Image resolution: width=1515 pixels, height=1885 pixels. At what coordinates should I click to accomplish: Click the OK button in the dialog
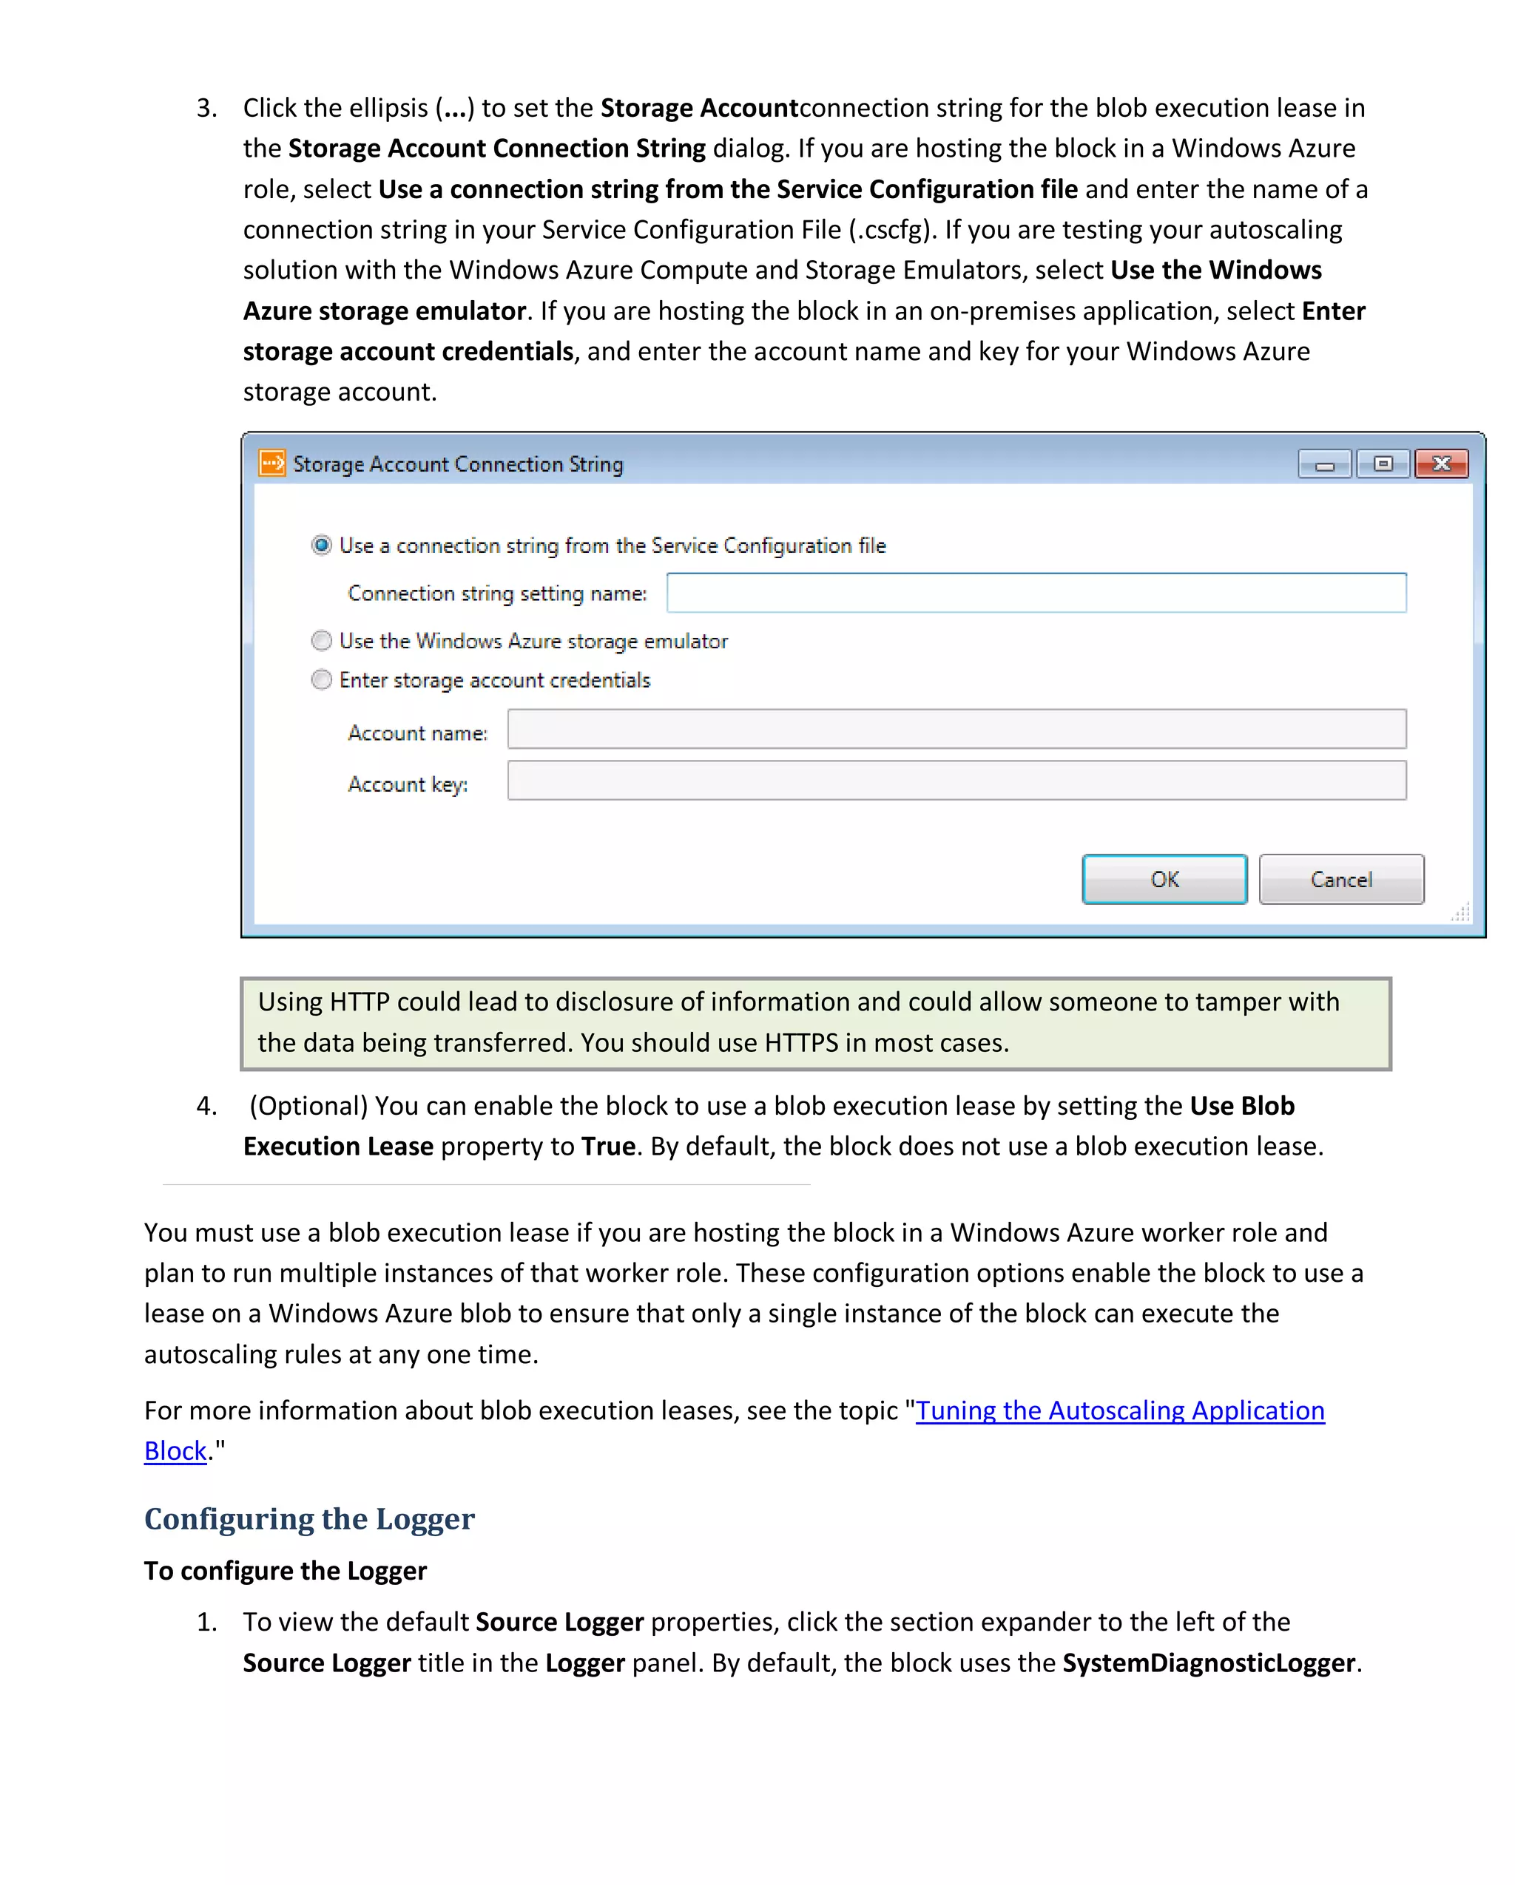tap(1164, 879)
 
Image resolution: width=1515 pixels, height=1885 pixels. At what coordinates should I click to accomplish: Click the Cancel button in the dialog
tap(1340, 879)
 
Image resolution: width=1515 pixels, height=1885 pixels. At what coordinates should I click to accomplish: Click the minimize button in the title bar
tap(1324, 464)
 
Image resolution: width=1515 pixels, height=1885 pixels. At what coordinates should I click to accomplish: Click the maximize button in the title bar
tap(1382, 463)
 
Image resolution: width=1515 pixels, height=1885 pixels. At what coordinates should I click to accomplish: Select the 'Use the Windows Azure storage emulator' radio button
tap(322, 641)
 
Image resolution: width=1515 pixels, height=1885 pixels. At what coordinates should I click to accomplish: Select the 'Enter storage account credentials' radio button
tap(322, 679)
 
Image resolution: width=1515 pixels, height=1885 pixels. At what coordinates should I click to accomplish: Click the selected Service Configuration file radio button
tap(322, 546)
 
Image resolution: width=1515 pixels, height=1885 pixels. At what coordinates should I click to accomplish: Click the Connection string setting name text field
tap(1036, 593)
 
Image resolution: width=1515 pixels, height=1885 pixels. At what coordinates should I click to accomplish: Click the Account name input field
tap(956, 729)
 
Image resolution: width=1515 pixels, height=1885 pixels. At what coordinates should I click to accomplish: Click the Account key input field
tap(956, 780)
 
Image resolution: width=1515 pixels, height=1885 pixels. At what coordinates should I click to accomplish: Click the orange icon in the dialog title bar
tap(272, 463)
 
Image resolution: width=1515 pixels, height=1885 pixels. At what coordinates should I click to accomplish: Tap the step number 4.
tap(206, 1106)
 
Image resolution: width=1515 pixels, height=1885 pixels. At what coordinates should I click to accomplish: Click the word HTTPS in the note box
tap(800, 1042)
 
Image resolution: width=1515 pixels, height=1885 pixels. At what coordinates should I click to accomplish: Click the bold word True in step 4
tap(608, 1147)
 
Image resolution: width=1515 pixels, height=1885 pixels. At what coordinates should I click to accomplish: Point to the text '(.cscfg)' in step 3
tap(891, 230)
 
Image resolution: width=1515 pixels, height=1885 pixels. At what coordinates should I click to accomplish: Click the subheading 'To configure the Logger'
tap(285, 1570)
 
